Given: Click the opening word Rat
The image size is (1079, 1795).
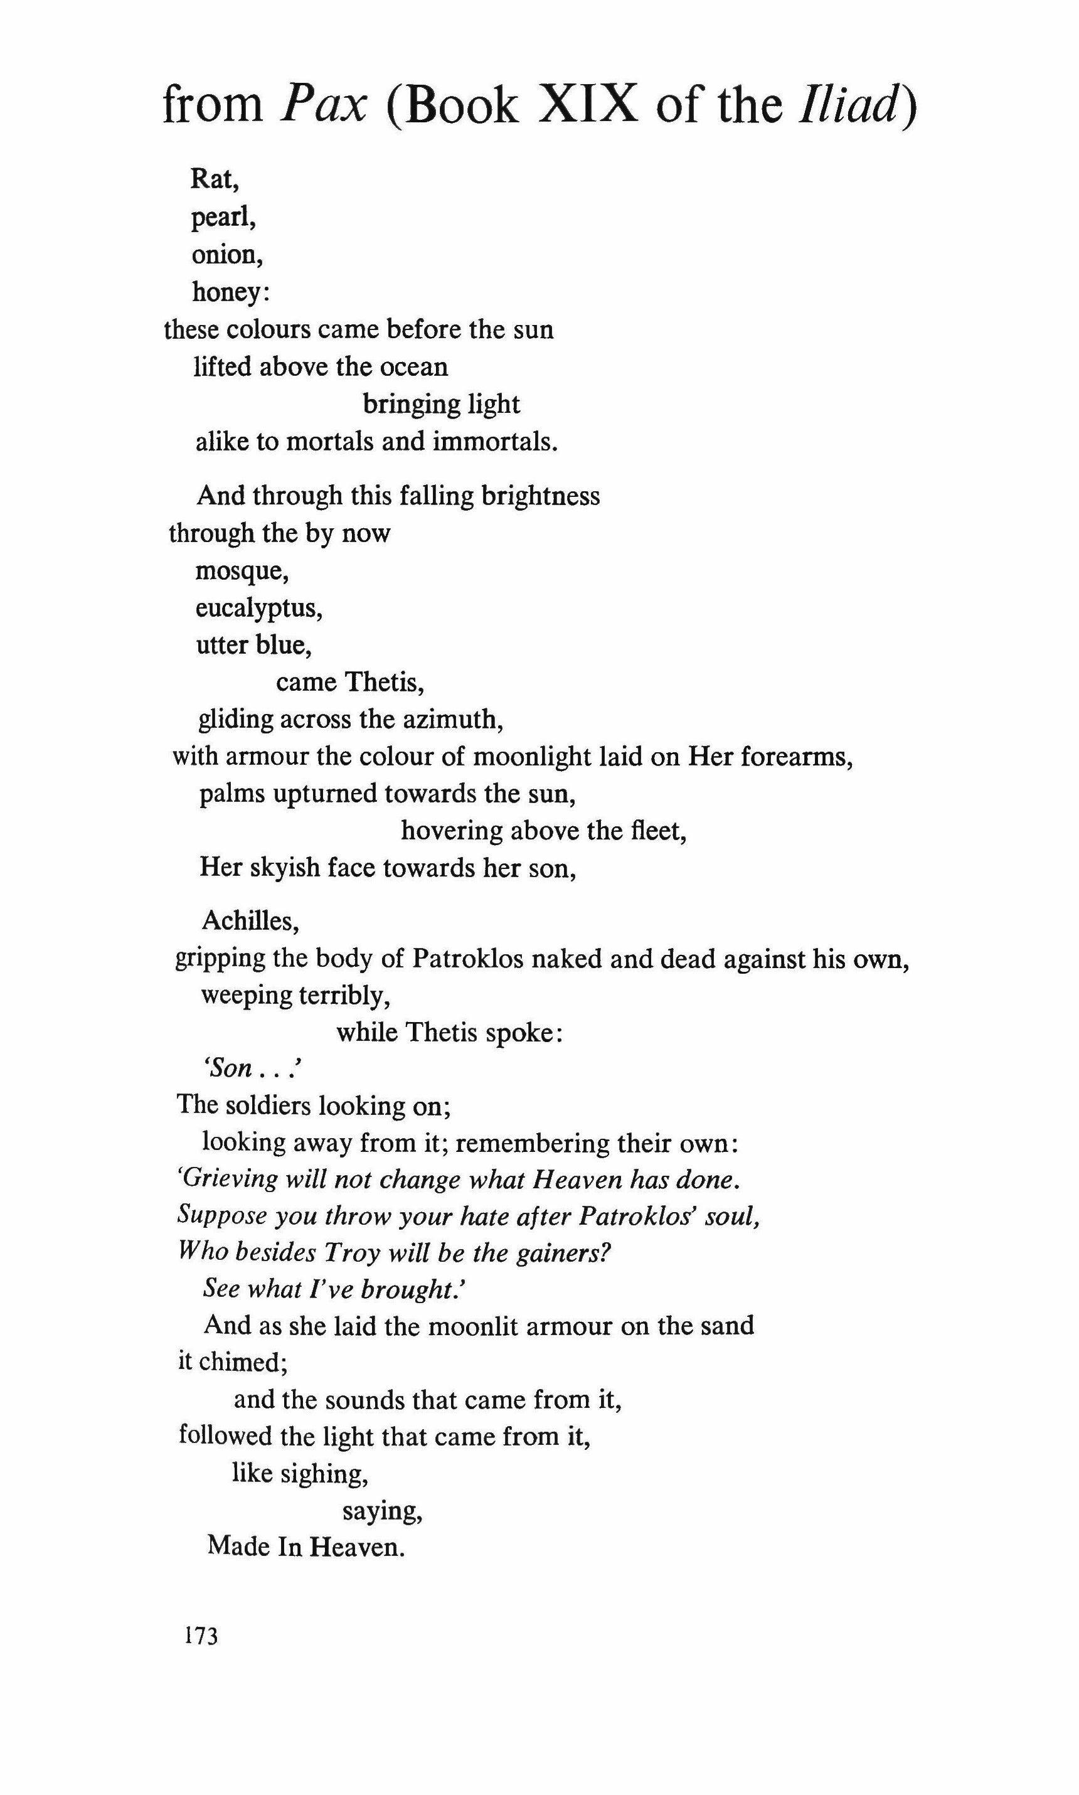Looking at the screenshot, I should point(211,179).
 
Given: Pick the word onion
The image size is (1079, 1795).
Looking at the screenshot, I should point(224,255).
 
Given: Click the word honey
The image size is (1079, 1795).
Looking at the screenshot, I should point(227,293).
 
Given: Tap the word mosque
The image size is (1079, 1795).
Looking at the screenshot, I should point(239,572).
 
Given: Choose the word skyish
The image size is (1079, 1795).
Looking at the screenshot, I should point(285,868).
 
